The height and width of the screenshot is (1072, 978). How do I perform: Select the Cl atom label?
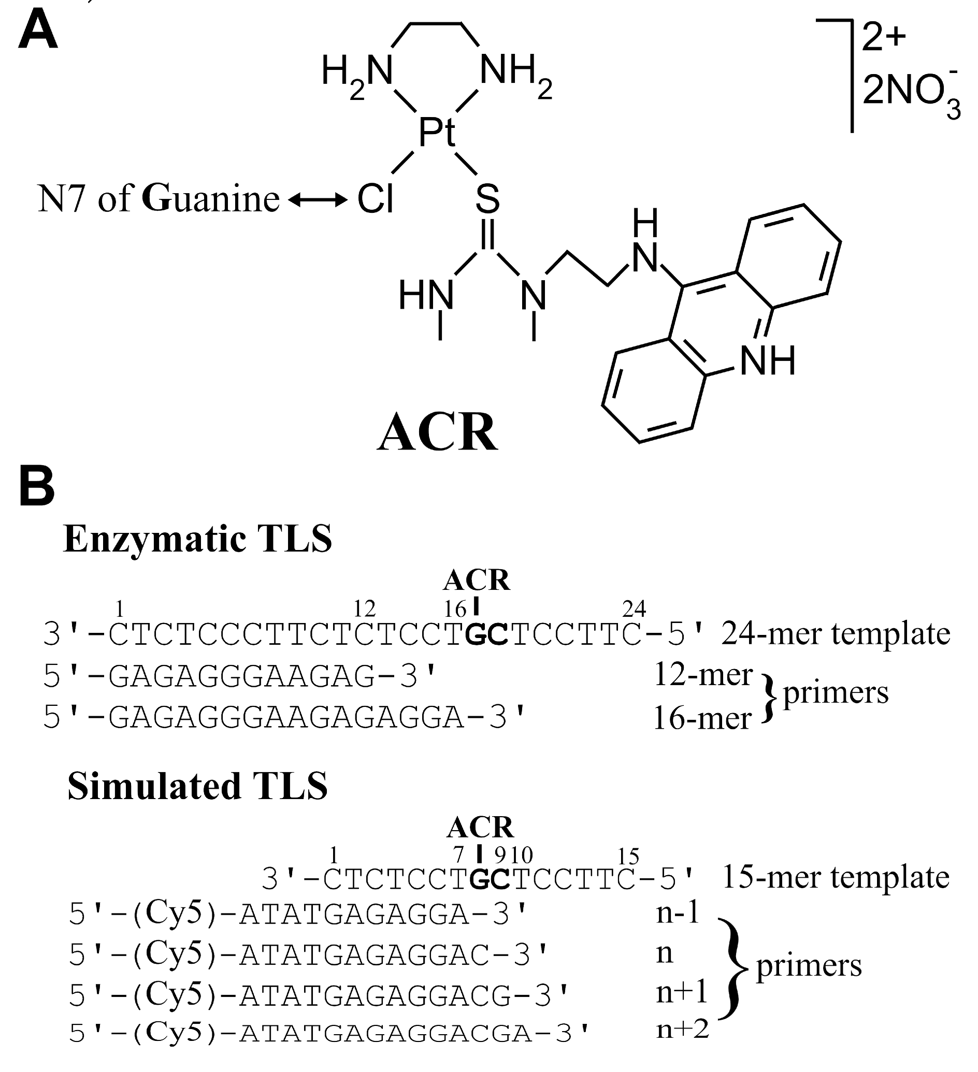click(376, 199)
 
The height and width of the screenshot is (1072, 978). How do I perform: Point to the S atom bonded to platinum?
click(487, 199)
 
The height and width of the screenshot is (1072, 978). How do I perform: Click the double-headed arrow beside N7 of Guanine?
click(318, 200)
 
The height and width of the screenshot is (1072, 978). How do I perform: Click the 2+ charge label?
click(883, 38)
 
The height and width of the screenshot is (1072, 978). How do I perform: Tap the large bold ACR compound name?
click(437, 432)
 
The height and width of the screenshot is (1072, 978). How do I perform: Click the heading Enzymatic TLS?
click(198, 539)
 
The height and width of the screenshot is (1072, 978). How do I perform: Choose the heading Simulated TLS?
click(198, 786)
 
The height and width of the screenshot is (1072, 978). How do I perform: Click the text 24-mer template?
click(836, 633)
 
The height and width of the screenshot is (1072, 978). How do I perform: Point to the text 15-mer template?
click(836, 877)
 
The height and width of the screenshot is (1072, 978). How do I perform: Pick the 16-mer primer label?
click(701, 719)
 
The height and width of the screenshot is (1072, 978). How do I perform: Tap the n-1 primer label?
click(678, 912)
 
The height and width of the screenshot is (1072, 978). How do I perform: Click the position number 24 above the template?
click(634, 608)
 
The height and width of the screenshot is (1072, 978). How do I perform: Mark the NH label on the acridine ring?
click(767, 361)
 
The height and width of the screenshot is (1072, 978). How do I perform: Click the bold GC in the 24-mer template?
click(486, 634)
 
